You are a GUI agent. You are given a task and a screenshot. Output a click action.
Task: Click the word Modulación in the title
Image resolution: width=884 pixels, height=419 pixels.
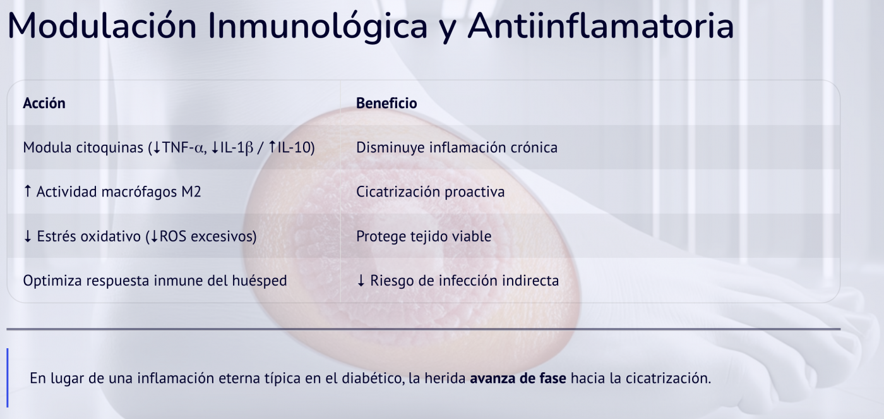point(101,27)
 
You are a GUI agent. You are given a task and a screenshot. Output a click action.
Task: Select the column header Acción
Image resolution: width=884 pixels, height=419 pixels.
point(44,103)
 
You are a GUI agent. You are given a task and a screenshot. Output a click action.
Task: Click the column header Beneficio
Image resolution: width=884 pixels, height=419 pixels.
point(386,103)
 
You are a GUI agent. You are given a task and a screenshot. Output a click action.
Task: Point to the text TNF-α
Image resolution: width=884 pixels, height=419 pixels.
point(184,148)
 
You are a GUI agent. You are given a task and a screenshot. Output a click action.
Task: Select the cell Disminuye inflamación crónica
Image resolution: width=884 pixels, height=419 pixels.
point(457,148)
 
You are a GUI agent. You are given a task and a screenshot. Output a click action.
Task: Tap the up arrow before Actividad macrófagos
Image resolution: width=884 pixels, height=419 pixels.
point(27,192)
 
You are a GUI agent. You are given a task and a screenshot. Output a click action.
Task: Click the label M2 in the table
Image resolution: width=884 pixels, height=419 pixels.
point(191,192)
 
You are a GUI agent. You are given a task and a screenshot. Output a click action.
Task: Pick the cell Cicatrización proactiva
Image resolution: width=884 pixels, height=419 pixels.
point(430,192)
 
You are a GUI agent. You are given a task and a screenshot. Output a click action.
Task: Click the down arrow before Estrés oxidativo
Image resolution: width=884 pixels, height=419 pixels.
point(27,236)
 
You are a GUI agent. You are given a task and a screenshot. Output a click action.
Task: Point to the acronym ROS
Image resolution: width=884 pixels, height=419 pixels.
point(173,236)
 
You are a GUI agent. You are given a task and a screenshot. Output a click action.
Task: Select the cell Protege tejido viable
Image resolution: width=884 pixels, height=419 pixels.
point(424,236)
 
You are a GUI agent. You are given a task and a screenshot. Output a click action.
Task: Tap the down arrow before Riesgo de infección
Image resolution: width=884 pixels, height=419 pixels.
point(361,281)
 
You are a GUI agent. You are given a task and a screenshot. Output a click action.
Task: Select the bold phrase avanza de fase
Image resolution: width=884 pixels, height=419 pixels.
point(518,379)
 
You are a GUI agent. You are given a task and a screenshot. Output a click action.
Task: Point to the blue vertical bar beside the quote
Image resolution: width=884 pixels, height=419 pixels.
point(8,378)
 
